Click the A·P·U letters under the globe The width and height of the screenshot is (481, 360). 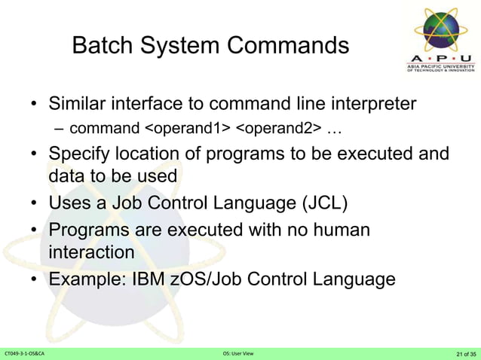(441, 59)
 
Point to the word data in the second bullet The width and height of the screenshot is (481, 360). (66, 175)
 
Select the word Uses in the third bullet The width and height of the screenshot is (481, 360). (69, 203)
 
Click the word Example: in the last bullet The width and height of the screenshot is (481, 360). (87, 279)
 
